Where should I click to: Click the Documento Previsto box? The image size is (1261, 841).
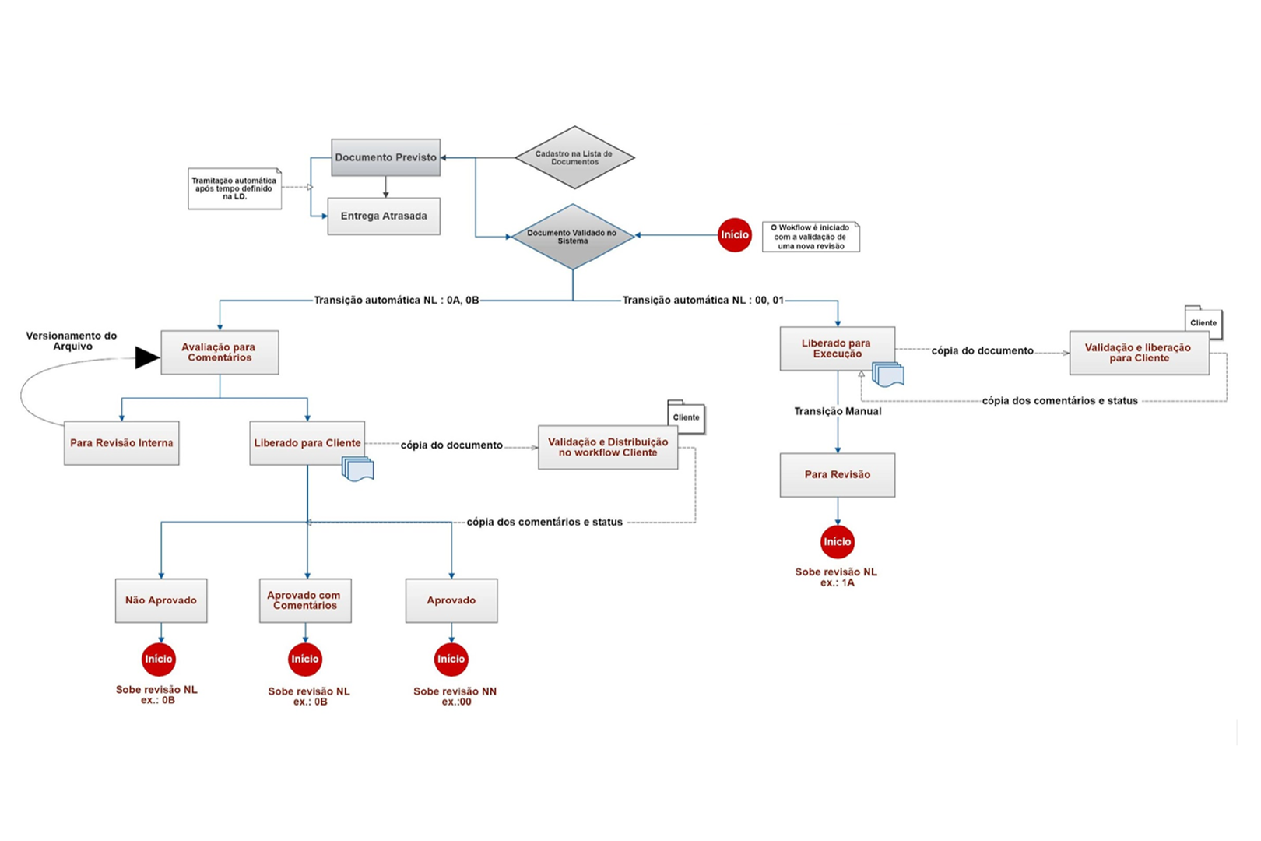click(x=385, y=157)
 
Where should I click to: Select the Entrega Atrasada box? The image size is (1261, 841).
click(x=384, y=216)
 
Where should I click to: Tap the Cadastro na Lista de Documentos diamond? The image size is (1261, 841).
click(x=574, y=157)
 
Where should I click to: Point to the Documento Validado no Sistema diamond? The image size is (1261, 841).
click(x=573, y=237)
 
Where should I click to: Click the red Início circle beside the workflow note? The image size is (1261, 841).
click(x=735, y=235)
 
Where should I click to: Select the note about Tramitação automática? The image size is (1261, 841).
click(x=235, y=188)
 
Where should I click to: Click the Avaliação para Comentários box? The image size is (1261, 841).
click(x=220, y=353)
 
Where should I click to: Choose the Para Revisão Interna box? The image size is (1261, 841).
click(x=121, y=443)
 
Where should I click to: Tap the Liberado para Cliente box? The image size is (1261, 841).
click(x=307, y=443)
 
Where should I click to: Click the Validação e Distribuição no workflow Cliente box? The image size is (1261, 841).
click(x=608, y=447)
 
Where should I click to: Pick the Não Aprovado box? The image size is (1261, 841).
click(x=161, y=600)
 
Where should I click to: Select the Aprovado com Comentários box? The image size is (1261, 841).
click(x=305, y=600)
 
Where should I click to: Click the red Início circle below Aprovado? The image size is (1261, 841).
click(x=451, y=659)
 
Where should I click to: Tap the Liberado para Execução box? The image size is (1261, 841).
click(x=837, y=349)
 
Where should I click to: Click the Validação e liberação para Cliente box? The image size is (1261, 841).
click(x=1140, y=353)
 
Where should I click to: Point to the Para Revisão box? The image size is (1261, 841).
click(x=837, y=475)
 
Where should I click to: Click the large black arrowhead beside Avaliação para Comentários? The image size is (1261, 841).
click(x=147, y=357)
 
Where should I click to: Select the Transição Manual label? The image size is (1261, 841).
click(x=838, y=411)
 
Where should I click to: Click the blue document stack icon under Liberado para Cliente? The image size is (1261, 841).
click(x=357, y=470)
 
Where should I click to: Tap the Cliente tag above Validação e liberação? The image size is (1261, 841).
click(x=1203, y=322)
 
